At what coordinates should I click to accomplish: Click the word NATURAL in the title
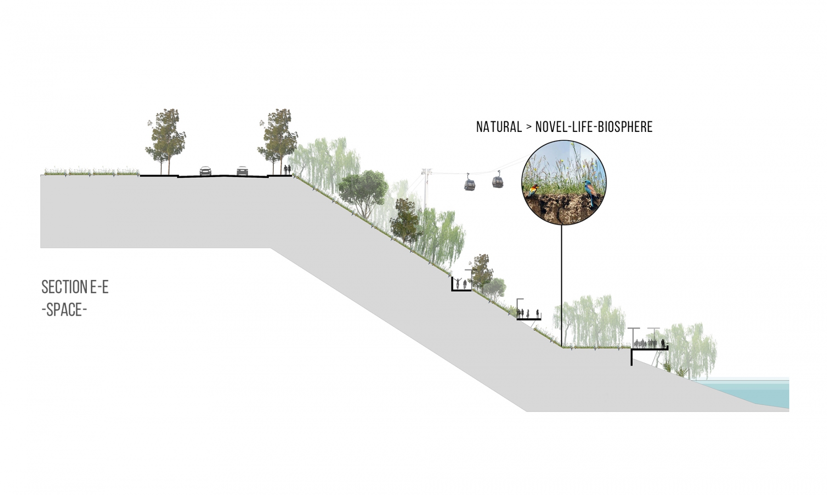498,127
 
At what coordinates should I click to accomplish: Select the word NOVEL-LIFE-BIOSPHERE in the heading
594,127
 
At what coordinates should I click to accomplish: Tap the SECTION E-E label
75,287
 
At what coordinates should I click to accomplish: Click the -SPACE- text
64,310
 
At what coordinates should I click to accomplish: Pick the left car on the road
205,171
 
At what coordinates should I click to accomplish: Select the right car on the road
242,171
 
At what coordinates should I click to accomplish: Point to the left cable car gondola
469,184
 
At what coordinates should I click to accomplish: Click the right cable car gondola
497,181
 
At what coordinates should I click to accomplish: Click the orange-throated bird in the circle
533,189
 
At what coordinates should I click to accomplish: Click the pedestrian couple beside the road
287,170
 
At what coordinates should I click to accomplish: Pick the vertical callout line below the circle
561,285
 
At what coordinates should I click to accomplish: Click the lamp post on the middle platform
519,307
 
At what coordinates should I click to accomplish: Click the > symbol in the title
528,127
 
